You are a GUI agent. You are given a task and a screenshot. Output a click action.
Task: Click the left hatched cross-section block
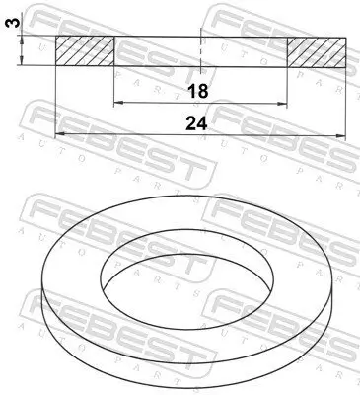point(85,52)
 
